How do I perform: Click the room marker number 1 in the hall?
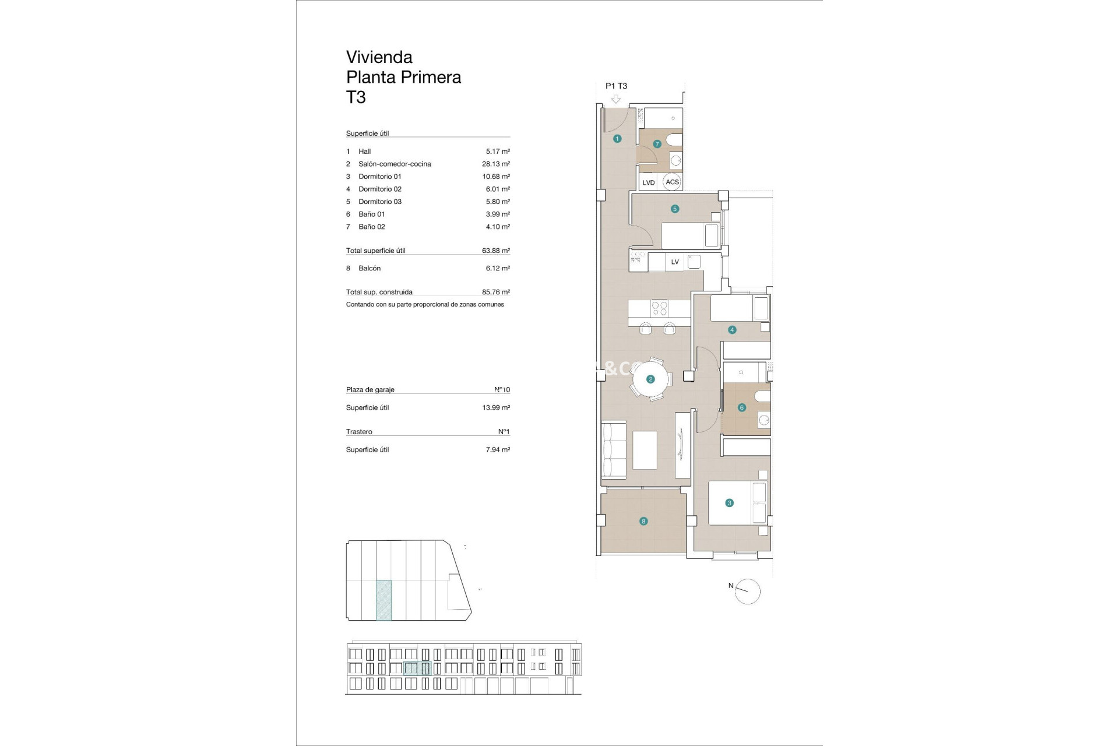(617, 139)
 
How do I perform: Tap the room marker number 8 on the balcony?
(643, 521)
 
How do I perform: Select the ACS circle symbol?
(672, 182)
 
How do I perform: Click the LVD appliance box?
(649, 182)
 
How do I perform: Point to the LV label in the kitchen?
(675, 262)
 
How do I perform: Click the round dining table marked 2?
(650, 379)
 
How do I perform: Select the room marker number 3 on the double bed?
(729, 502)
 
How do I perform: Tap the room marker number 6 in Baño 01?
(742, 407)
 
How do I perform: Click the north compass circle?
(748, 592)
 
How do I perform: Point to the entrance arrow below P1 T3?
(616, 100)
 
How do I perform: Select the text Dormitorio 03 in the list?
(380, 202)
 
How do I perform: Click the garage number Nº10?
(502, 389)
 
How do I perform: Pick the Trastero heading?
(359, 432)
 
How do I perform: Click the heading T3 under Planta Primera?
(356, 97)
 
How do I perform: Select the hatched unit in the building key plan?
(383, 600)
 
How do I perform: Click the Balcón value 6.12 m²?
(498, 268)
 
